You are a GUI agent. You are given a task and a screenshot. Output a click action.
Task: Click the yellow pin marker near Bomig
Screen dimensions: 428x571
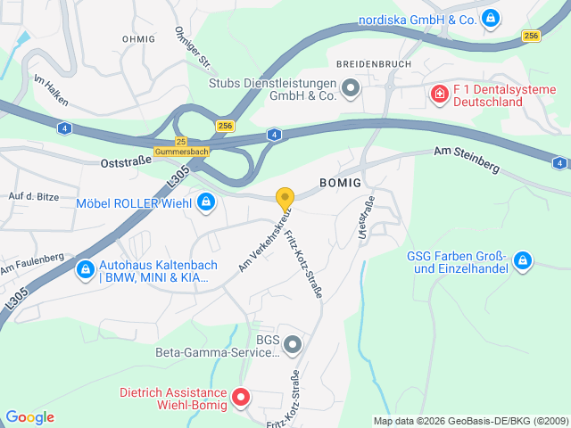point(285,199)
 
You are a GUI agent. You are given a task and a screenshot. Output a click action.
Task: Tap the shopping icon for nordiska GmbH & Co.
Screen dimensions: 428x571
point(490,18)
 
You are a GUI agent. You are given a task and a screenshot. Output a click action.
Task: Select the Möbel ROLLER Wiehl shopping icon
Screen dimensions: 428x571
point(207,202)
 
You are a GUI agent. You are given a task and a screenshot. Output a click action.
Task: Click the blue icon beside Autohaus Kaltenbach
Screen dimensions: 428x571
point(85,267)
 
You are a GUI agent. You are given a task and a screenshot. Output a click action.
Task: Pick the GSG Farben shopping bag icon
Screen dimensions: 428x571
point(523,261)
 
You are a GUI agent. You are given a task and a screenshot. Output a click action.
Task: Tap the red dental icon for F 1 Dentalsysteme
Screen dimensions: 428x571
point(439,94)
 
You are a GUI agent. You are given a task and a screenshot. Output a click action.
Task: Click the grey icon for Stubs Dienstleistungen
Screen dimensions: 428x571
point(351,87)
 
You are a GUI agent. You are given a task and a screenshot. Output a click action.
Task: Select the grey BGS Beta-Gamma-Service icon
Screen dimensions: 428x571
point(293,343)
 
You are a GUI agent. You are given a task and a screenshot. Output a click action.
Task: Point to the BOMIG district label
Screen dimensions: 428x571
point(340,183)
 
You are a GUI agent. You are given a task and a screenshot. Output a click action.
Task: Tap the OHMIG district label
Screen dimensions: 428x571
point(138,39)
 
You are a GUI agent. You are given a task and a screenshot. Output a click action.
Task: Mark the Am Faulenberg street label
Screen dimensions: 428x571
point(32,264)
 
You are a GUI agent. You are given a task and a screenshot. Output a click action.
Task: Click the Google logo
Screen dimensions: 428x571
point(29,417)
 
